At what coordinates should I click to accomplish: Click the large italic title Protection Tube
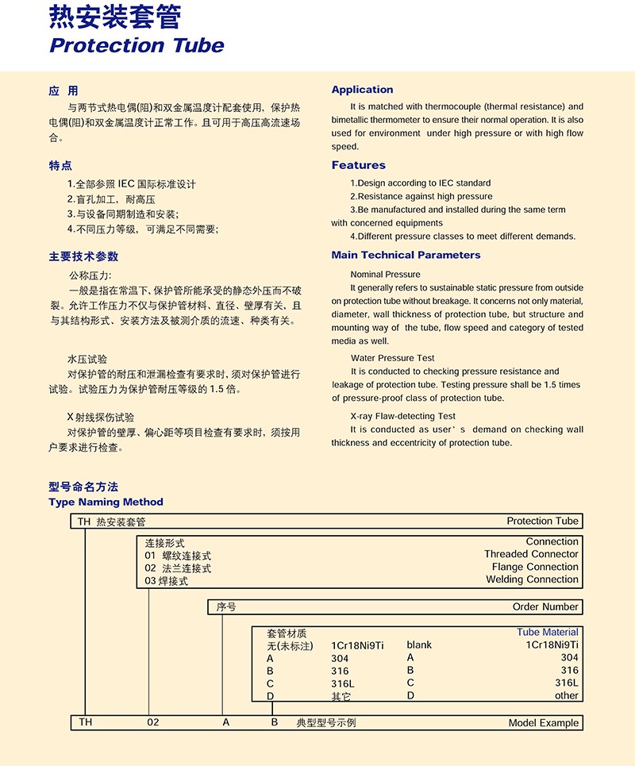click(x=137, y=45)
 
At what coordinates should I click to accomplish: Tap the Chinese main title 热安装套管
click(x=115, y=16)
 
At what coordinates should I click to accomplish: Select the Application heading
click(x=362, y=90)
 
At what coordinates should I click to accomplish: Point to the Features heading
click(x=358, y=165)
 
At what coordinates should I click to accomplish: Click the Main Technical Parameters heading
click(x=406, y=255)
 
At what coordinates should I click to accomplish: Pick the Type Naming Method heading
click(x=106, y=502)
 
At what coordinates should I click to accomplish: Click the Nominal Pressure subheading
click(x=385, y=274)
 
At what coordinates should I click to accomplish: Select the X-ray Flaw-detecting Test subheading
click(x=402, y=416)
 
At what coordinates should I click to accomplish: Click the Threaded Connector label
click(x=531, y=554)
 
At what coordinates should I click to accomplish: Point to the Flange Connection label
click(x=535, y=567)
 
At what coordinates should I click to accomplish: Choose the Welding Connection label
click(x=532, y=579)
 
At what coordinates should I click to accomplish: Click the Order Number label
click(x=545, y=606)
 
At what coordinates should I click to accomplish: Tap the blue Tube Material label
click(x=548, y=632)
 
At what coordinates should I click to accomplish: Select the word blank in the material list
click(x=419, y=645)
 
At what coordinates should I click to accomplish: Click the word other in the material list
click(x=567, y=695)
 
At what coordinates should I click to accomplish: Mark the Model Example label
click(x=544, y=723)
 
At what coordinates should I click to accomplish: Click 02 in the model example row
click(x=154, y=722)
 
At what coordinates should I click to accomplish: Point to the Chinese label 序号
click(x=226, y=606)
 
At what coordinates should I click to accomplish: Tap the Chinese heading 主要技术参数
click(x=83, y=256)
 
